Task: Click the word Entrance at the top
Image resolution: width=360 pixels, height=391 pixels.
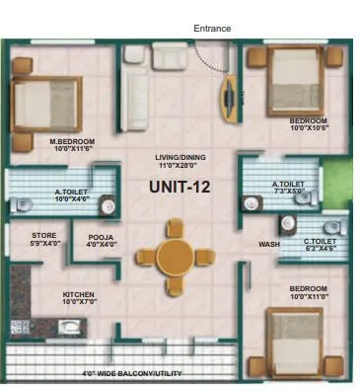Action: [x=212, y=29]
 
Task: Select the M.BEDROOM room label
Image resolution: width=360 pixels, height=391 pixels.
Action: [x=71, y=141]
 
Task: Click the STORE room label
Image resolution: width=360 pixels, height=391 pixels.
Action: [x=44, y=234]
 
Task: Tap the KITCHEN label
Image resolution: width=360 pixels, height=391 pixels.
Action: [x=78, y=294]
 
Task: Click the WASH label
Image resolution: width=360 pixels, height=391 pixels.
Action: [x=269, y=245]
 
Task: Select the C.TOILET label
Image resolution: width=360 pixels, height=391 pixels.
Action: [x=319, y=241]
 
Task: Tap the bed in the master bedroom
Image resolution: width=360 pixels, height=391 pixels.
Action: [x=44, y=105]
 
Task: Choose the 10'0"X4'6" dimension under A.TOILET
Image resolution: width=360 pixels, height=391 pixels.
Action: [x=71, y=199]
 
